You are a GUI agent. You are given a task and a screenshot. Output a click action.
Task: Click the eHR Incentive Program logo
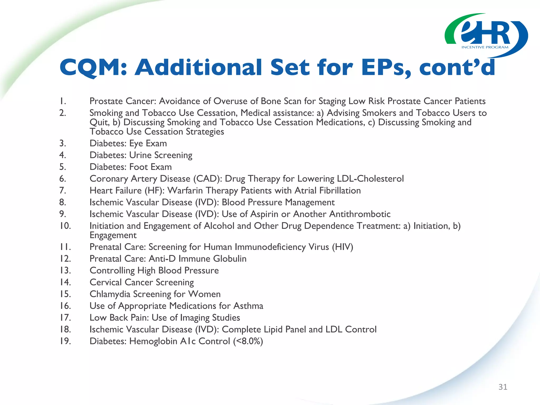486,35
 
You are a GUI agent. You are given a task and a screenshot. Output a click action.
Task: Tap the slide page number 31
503,387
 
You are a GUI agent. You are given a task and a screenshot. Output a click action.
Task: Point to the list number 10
65,226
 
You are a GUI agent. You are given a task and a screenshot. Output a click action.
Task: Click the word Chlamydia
110,294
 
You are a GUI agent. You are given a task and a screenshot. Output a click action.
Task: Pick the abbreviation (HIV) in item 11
343,247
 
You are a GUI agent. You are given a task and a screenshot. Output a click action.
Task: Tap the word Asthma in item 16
248,306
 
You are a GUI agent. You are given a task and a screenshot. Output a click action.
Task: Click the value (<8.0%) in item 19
248,341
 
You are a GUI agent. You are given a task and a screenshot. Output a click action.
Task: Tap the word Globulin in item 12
230,259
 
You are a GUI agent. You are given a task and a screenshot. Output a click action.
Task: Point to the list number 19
65,341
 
